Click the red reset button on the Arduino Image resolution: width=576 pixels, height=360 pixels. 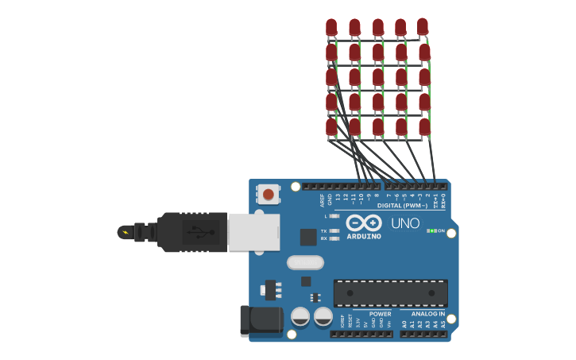tap(269, 194)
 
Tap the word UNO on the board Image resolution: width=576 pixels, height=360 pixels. tap(405, 223)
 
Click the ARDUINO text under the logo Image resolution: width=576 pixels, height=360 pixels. tap(364, 236)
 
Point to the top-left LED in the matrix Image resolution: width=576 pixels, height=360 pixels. tap(331, 28)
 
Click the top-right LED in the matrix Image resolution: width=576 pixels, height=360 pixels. tap(423, 26)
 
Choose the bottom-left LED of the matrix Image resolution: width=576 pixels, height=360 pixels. tap(331, 126)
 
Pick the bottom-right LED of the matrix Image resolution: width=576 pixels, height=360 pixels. tap(424, 126)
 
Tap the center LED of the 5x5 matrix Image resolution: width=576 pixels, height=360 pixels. tap(378, 77)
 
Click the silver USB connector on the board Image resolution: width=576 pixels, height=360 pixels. tap(253, 231)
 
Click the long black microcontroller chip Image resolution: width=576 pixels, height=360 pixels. tap(390, 292)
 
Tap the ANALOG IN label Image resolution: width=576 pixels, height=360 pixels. tap(428, 314)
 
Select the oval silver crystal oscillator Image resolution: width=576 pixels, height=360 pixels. tap(305, 262)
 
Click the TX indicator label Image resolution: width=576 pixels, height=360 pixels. tap(324, 230)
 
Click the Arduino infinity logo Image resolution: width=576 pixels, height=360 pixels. tap(364, 223)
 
